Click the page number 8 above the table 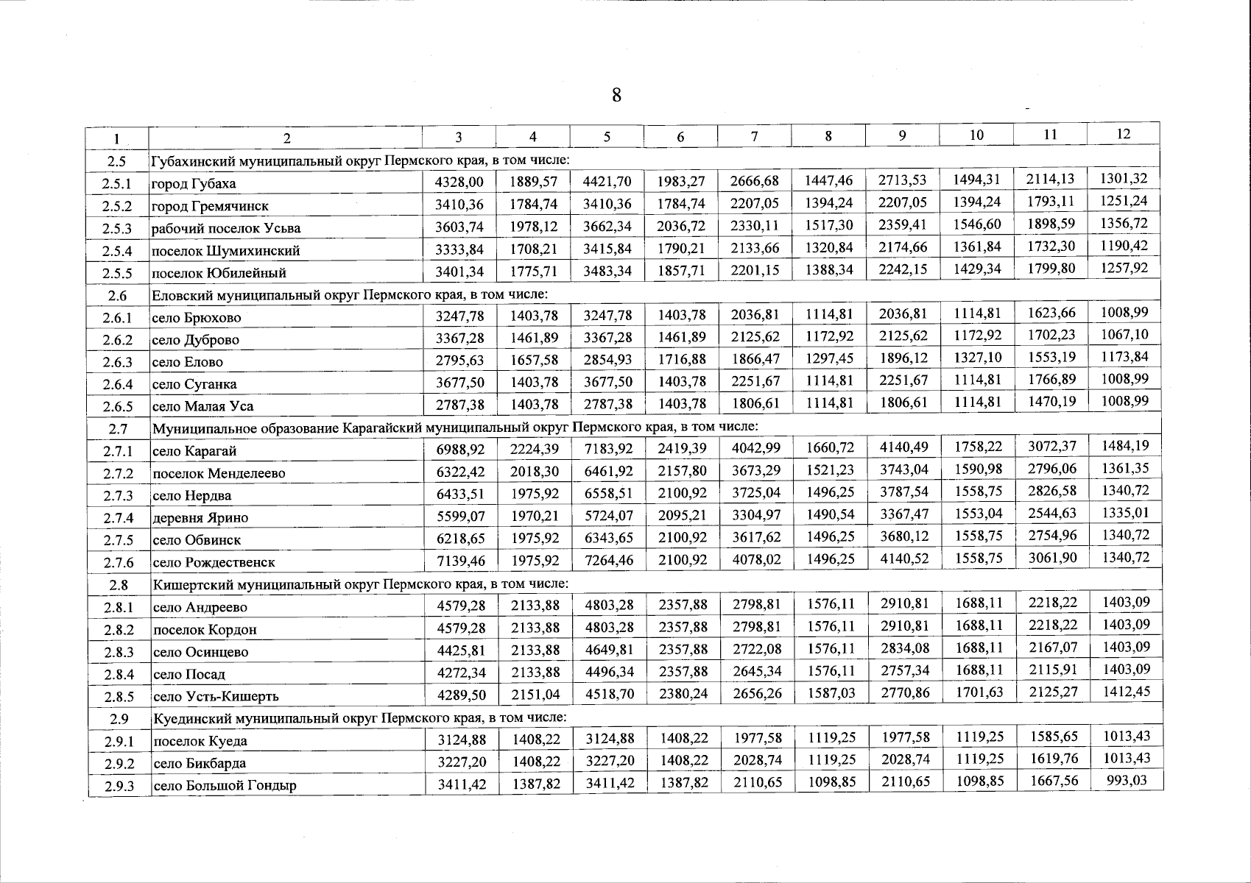click(616, 96)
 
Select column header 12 click(1123, 133)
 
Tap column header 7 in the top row click(754, 135)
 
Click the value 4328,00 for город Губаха click(459, 182)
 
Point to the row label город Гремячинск click(210, 206)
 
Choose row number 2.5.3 click(117, 228)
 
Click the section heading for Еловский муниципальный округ click(350, 294)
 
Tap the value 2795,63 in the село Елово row click(459, 361)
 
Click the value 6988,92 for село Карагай click(459, 450)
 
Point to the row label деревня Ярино click(200, 517)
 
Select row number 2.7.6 click(118, 562)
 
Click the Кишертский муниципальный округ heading click(360, 584)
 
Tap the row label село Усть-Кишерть click(215, 696)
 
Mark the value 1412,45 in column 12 click(1124, 691)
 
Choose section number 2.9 click(118, 718)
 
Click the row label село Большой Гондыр click(224, 785)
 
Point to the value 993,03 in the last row click(1127, 780)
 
